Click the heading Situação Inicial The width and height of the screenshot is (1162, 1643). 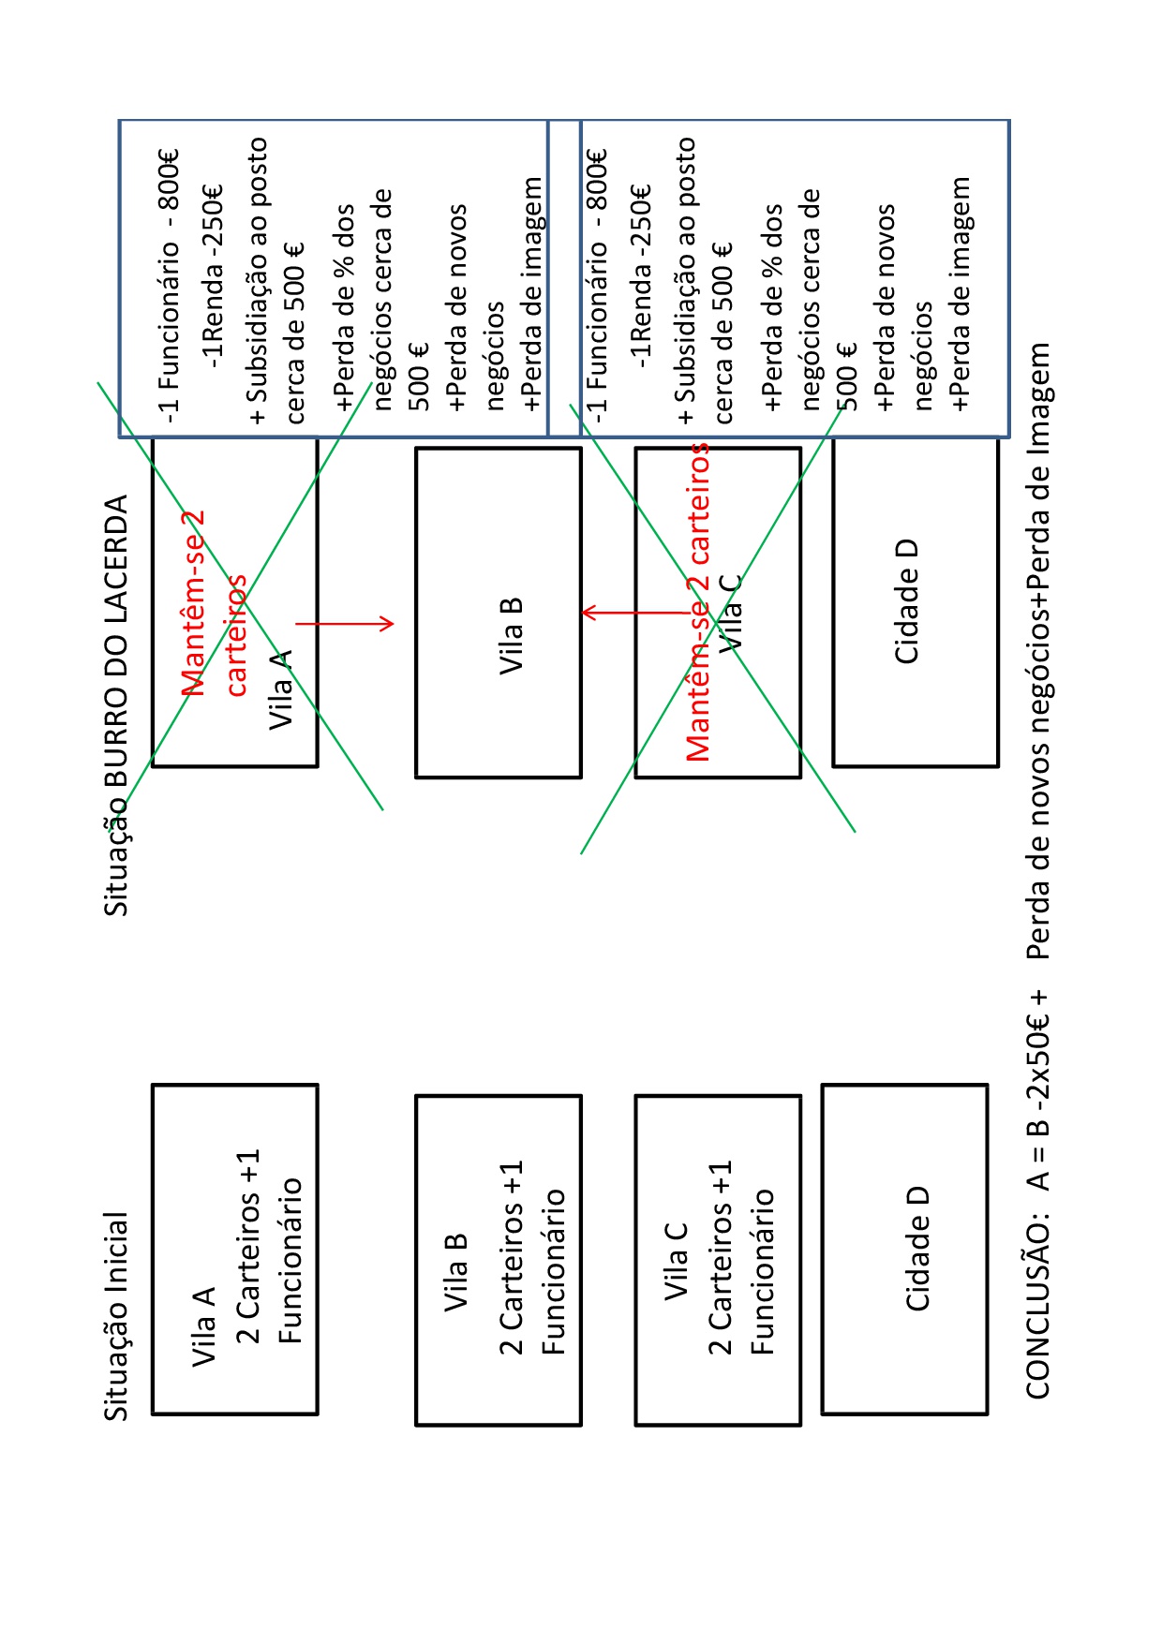point(115,1316)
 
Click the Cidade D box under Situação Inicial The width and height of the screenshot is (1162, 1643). point(904,1249)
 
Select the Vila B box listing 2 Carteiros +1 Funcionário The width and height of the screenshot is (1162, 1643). point(499,1260)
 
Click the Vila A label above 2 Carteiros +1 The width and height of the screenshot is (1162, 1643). point(203,1326)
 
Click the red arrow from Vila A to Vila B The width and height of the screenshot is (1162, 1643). point(344,623)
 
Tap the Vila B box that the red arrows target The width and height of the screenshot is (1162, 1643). point(499,612)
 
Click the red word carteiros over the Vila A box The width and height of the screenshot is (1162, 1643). point(237,635)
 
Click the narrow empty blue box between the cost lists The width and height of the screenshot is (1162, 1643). point(564,278)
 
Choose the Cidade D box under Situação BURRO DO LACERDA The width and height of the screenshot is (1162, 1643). point(916,601)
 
